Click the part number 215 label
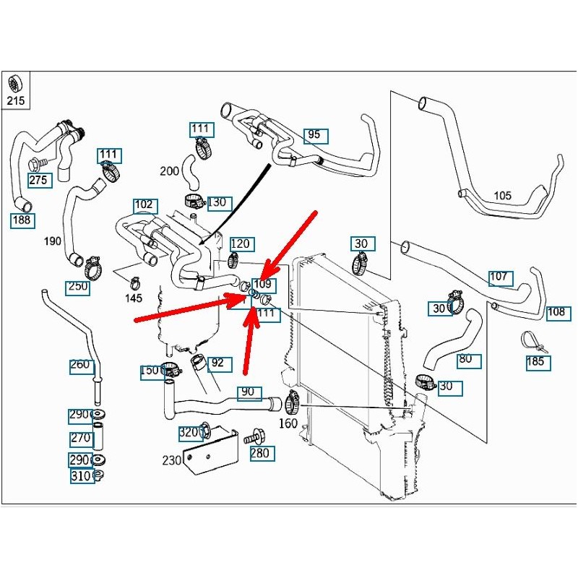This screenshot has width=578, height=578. [16, 101]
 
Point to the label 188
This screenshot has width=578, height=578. [22, 220]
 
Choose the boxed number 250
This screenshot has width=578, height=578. [78, 287]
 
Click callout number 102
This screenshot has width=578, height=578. [144, 204]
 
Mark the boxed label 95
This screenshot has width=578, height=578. [314, 135]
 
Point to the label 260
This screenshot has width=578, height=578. [81, 365]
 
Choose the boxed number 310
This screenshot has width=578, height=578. [81, 476]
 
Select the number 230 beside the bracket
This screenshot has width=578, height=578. [172, 460]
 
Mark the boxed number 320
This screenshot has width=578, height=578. [189, 433]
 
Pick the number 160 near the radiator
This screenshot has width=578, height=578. [288, 423]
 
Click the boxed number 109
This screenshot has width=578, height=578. [263, 285]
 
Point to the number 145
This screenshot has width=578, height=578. [133, 298]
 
